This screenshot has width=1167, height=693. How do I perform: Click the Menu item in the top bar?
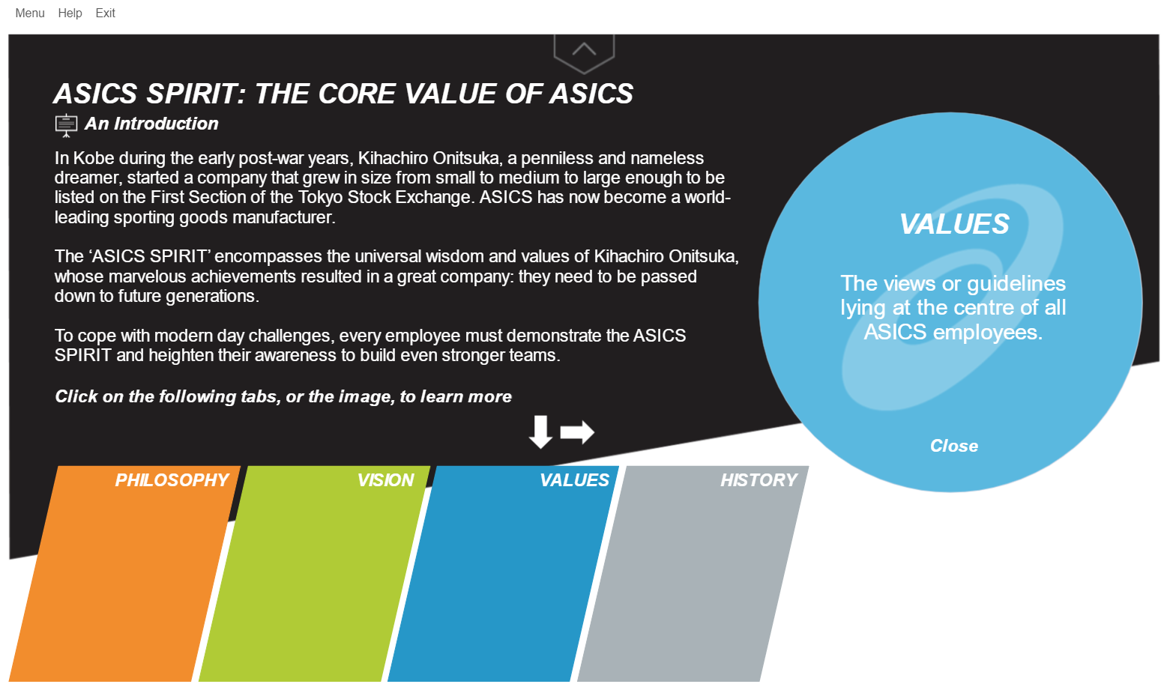click(x=30, y=13)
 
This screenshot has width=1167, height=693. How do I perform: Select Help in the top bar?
click(x=70, y=13)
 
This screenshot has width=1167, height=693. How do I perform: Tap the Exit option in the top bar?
click(x=105, y=13)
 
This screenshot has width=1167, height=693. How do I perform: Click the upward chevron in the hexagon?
click(x=584, y=49)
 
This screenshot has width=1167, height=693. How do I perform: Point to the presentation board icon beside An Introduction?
click(x=66, y=125)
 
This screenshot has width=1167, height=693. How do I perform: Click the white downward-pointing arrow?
click(x=540, y=432)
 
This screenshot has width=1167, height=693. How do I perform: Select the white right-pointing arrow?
click(x=577, y=432)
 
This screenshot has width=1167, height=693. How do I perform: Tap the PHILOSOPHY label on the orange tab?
click(x=172, y=480)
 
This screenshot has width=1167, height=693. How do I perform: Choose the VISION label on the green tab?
click(x=385, y=480)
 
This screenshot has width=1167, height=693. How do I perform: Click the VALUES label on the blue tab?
click(x=574, y=480)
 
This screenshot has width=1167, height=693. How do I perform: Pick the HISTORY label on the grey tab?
click(x=759, y=480)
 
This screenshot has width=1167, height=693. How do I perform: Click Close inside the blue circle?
click(x=954, y=447)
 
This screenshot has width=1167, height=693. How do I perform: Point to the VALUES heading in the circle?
click(x=954, y=225)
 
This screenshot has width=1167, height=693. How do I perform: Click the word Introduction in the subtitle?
click(x=166, y=124)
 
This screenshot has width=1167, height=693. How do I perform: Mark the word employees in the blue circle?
click(x=988, y=333)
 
